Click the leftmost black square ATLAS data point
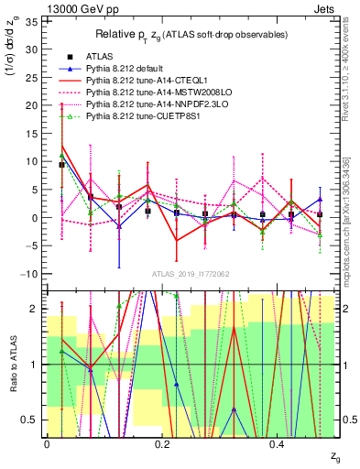61,165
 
